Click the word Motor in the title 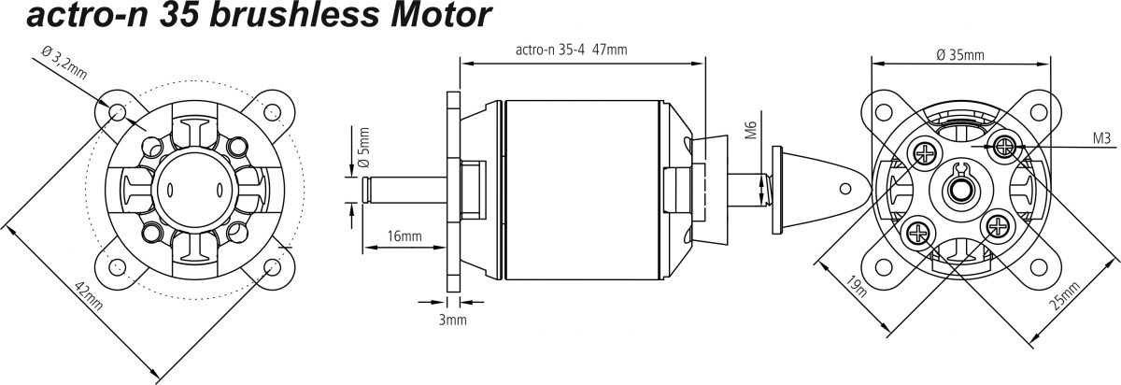(441, 15)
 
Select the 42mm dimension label (89, 295)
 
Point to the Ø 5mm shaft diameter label (364, 148)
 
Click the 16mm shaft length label (404, 235)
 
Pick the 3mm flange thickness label (453, 320)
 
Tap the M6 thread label (752, 130)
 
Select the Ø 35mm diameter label (960, 54)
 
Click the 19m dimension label (857, 286)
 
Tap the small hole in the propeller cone (844, 189)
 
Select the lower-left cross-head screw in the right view (919, 232)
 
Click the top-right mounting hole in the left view (272, 111)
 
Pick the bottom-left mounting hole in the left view (117, 265)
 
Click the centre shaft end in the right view (960, 190)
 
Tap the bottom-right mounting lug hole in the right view (1039, 267)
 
